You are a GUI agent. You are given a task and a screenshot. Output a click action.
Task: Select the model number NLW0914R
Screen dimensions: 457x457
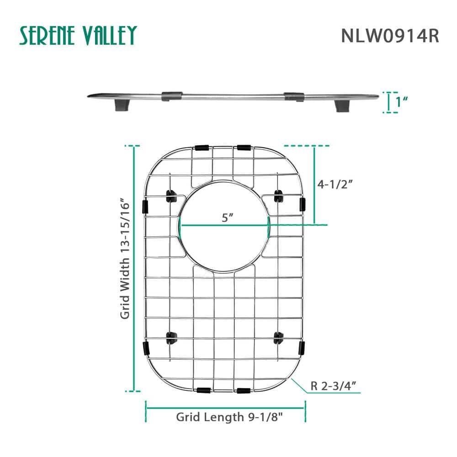coord(390,36)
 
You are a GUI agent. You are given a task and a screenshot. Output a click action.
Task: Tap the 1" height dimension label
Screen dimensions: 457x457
coord(402,101)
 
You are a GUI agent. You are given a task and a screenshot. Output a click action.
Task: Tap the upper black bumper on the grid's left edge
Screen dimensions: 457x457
coord(145,206)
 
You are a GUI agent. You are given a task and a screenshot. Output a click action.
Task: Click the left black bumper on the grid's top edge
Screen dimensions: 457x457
coord(202,148)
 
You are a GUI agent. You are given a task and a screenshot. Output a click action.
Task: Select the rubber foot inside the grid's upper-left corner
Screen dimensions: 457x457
coord(172,197)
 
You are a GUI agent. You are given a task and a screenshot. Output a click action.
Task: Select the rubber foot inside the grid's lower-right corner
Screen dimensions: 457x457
coord(278,338)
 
